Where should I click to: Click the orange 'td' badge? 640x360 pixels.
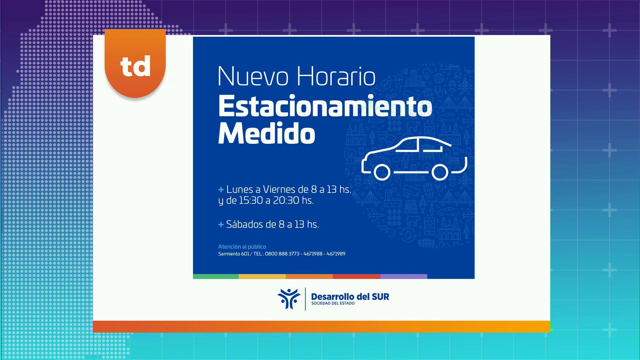click(x=135, y=63)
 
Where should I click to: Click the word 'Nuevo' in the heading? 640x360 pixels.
click(x=253, y=76)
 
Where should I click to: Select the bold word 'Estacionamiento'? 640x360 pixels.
click(x=325, y=106)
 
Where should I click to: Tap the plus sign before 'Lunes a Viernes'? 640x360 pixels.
click(x=221, y=190)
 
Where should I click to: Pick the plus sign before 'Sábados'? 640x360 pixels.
click(x=221, y=225)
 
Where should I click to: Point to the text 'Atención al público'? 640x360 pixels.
click(x=242, y=247)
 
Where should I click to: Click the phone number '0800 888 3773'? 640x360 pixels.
click(x=282, y=254)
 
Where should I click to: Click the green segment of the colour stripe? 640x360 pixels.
click(x=216, y=276)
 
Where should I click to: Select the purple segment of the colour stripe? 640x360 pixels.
click(x=404, y=276)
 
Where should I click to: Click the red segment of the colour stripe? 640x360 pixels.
click(x=356, y=276)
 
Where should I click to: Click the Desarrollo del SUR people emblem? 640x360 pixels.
click(x=289, y=299)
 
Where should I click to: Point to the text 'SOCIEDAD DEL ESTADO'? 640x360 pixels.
click(x=333, y=303)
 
